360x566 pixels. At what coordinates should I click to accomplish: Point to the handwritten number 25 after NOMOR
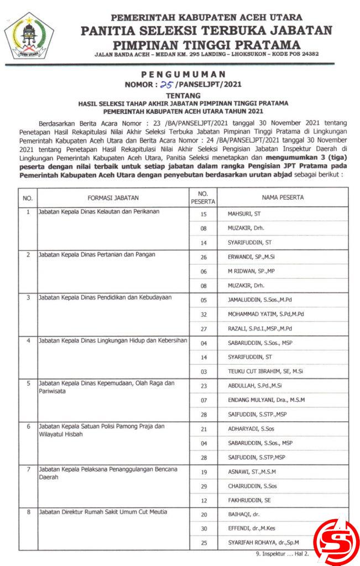pos(165,84)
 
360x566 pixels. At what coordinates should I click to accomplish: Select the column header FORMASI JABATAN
pos(113,197)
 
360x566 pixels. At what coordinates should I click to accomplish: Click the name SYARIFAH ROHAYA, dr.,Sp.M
pos(266,543)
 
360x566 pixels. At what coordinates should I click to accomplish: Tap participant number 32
pos(204,314)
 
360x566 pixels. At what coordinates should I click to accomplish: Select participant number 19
pos(204,471)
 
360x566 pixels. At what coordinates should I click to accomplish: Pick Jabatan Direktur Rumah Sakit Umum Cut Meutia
pos(102,512)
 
